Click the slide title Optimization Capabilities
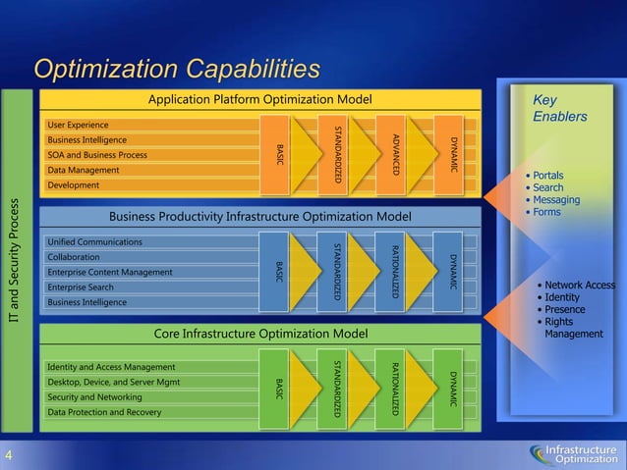(177, 69)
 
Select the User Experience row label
(78, 125)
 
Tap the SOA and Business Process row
(97, 155)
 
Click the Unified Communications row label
(94, 241)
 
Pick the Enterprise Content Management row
(111, 272)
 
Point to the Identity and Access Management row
(111, 367)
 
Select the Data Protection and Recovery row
(104, 412)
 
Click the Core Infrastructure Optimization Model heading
(260, 335)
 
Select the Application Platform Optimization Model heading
(259, 99)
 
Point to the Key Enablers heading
(559, 108)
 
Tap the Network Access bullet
(580, 286)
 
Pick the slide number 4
(9, 454)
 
